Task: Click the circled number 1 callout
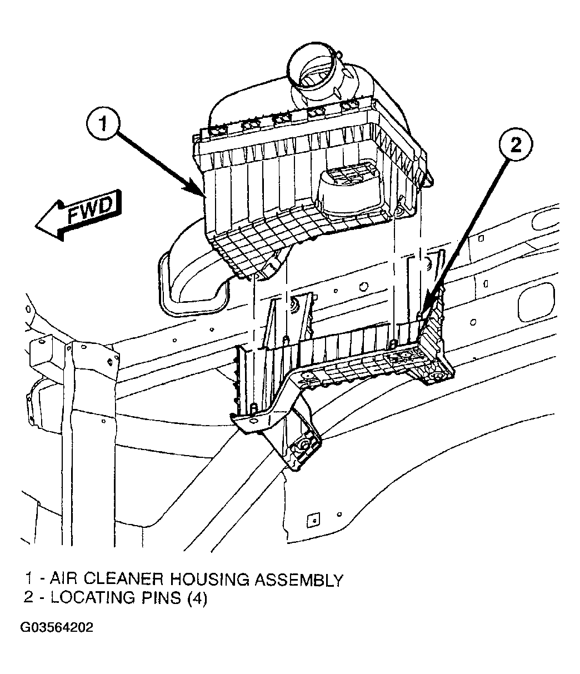[x=103, y=124]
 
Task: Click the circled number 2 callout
[x=516, y=143]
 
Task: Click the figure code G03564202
[x=57, y=627]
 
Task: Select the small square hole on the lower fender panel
[x=313, y=518]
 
